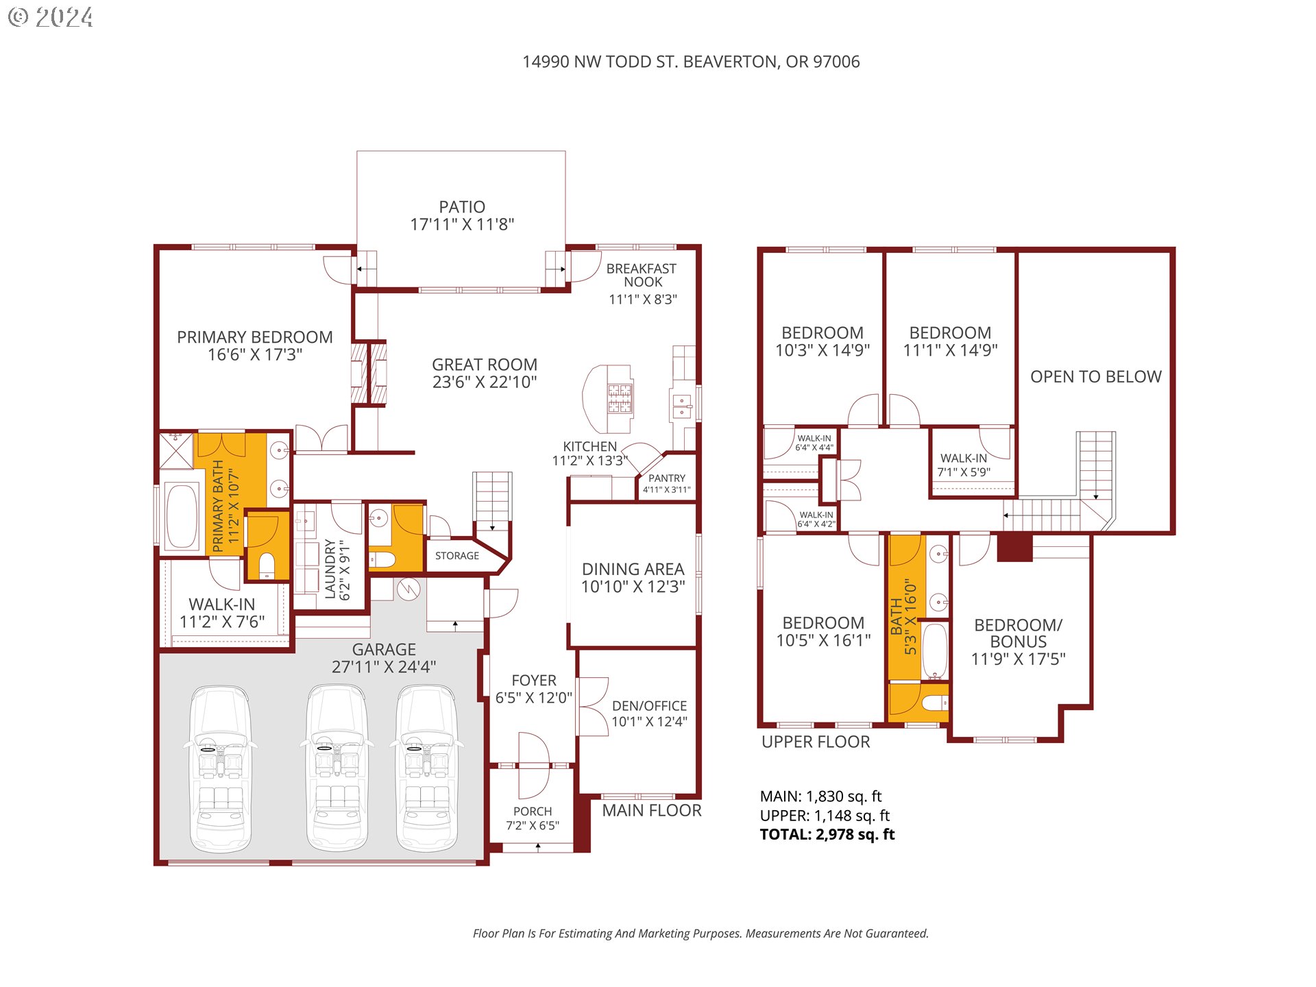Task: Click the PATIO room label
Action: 462,207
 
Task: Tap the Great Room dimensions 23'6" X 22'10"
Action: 485,382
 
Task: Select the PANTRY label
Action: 667,478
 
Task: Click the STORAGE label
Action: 457,556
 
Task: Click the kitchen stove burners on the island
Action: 620,398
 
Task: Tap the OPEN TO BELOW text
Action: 1096,376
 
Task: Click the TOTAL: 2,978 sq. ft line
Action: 827,834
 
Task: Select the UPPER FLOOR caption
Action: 816,742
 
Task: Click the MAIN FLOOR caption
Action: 652,810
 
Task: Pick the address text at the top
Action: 691,62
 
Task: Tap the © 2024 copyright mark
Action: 51,17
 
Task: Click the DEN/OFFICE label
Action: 650,706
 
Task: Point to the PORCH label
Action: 533,812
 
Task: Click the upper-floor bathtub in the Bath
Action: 935,650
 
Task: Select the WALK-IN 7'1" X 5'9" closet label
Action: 964,465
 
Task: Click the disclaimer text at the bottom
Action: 700,934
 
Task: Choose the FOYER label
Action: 534,681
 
